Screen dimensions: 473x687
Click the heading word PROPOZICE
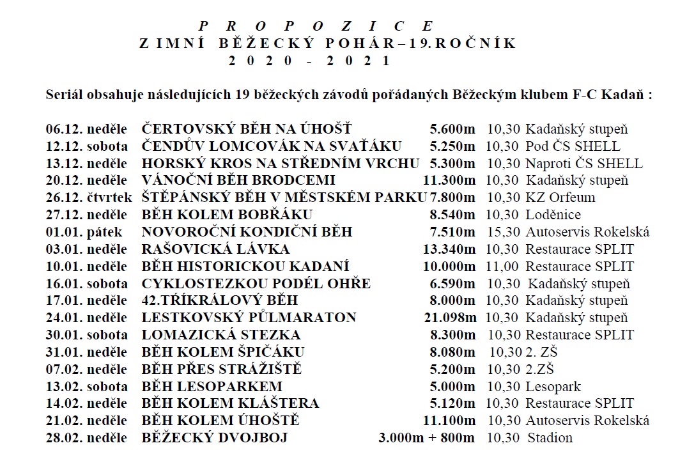[316, 26]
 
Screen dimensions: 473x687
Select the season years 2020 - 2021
[309, 61]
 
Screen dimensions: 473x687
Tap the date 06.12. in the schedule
[62, 128]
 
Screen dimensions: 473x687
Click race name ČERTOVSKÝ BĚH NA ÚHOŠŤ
[246, 128]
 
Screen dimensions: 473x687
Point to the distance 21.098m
[450, 318]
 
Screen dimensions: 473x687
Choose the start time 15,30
[503, 231]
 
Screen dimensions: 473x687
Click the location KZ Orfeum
[560, 197]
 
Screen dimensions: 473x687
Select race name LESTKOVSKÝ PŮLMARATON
[249, 318]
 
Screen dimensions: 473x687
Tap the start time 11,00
[503, 266]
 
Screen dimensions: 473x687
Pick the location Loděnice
[553, 214]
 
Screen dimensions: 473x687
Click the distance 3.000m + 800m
[427, 438]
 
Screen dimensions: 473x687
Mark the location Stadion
[550, 438]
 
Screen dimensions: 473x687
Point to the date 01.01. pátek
[83, 231]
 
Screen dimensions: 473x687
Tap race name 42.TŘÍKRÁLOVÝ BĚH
[219, 300]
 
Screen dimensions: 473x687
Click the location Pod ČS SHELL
[573, 146]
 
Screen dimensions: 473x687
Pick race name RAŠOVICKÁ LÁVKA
[215, 249]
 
